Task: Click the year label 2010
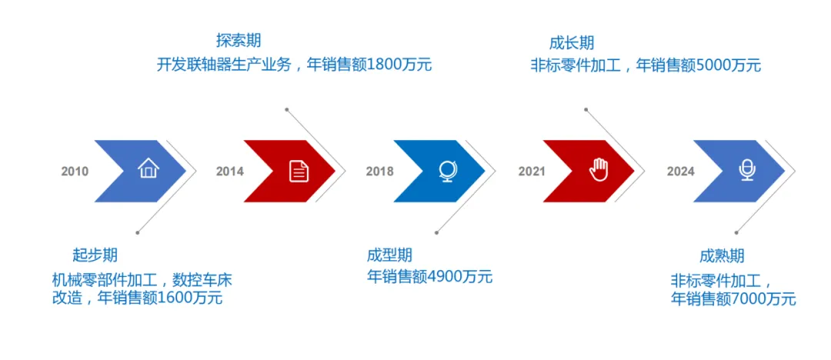click(x=75, y=172)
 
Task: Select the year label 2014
click(x=229, y=172)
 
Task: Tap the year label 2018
click(x=379, y=172)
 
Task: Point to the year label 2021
click(x=531, y=172)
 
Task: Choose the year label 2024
click(x=680, y=172)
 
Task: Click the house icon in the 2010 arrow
click(x=148, y=168)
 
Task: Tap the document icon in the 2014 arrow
click(x=299, y=171)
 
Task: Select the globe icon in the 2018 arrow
click(x=447, y=170)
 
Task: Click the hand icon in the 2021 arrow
click(x=598, y=170)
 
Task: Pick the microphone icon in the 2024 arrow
click(x=746, y=170)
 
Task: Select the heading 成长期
click(x=572, y=43)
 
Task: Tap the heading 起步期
click(x=95, y=255)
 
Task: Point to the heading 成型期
click(x=389, y=255)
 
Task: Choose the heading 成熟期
click(x=722, y=256)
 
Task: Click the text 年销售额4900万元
click(x=429, y=277)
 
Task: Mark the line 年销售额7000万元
click(x=733, y=298)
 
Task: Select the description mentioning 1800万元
click(x=294, y=65)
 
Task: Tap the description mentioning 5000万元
click(x=646, y=65)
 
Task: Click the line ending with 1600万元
click(x=137, y=298)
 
